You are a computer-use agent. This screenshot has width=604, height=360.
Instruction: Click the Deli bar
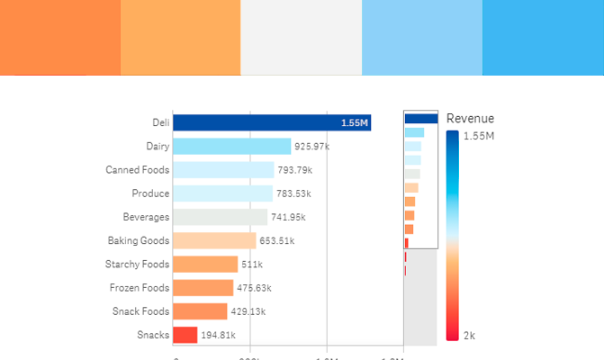click(x=261, y=123)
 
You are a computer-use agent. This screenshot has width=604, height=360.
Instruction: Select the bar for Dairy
click(x=231, y=147)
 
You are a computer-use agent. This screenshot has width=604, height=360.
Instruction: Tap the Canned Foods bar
click(x=223, y=170)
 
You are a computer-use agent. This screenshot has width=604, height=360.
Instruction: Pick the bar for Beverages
click(x=220, y=217)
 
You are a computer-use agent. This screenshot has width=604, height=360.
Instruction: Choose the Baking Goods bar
click(x=214, y=240)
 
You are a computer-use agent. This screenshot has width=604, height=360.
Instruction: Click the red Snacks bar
click(x=185, y=335)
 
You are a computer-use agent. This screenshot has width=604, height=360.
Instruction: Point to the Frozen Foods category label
click(x=140, y=288)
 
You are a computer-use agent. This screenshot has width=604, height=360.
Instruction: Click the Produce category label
click(x=150, y=193)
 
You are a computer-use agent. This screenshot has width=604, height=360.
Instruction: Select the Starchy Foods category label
click(x=138, y=265)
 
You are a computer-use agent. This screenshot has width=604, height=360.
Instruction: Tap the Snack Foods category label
click(x=140, y=311)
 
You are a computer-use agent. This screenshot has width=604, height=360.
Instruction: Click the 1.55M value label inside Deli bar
click(x=355, y=123)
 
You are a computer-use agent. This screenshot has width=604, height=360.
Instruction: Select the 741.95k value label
click(x=288, y=217)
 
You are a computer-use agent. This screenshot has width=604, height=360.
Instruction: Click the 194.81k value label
click(x=218, y=335)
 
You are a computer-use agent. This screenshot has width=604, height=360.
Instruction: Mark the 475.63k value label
click(x=254, y=288)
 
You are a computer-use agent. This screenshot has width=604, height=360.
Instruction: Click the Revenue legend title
click(x=470, y=119)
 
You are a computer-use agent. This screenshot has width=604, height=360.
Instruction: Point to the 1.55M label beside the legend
click(x=478, y=136)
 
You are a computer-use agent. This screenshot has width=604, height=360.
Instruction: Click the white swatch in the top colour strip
click(x=302, y=38)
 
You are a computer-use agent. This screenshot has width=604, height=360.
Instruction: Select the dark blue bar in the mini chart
click(x=420, y=118)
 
